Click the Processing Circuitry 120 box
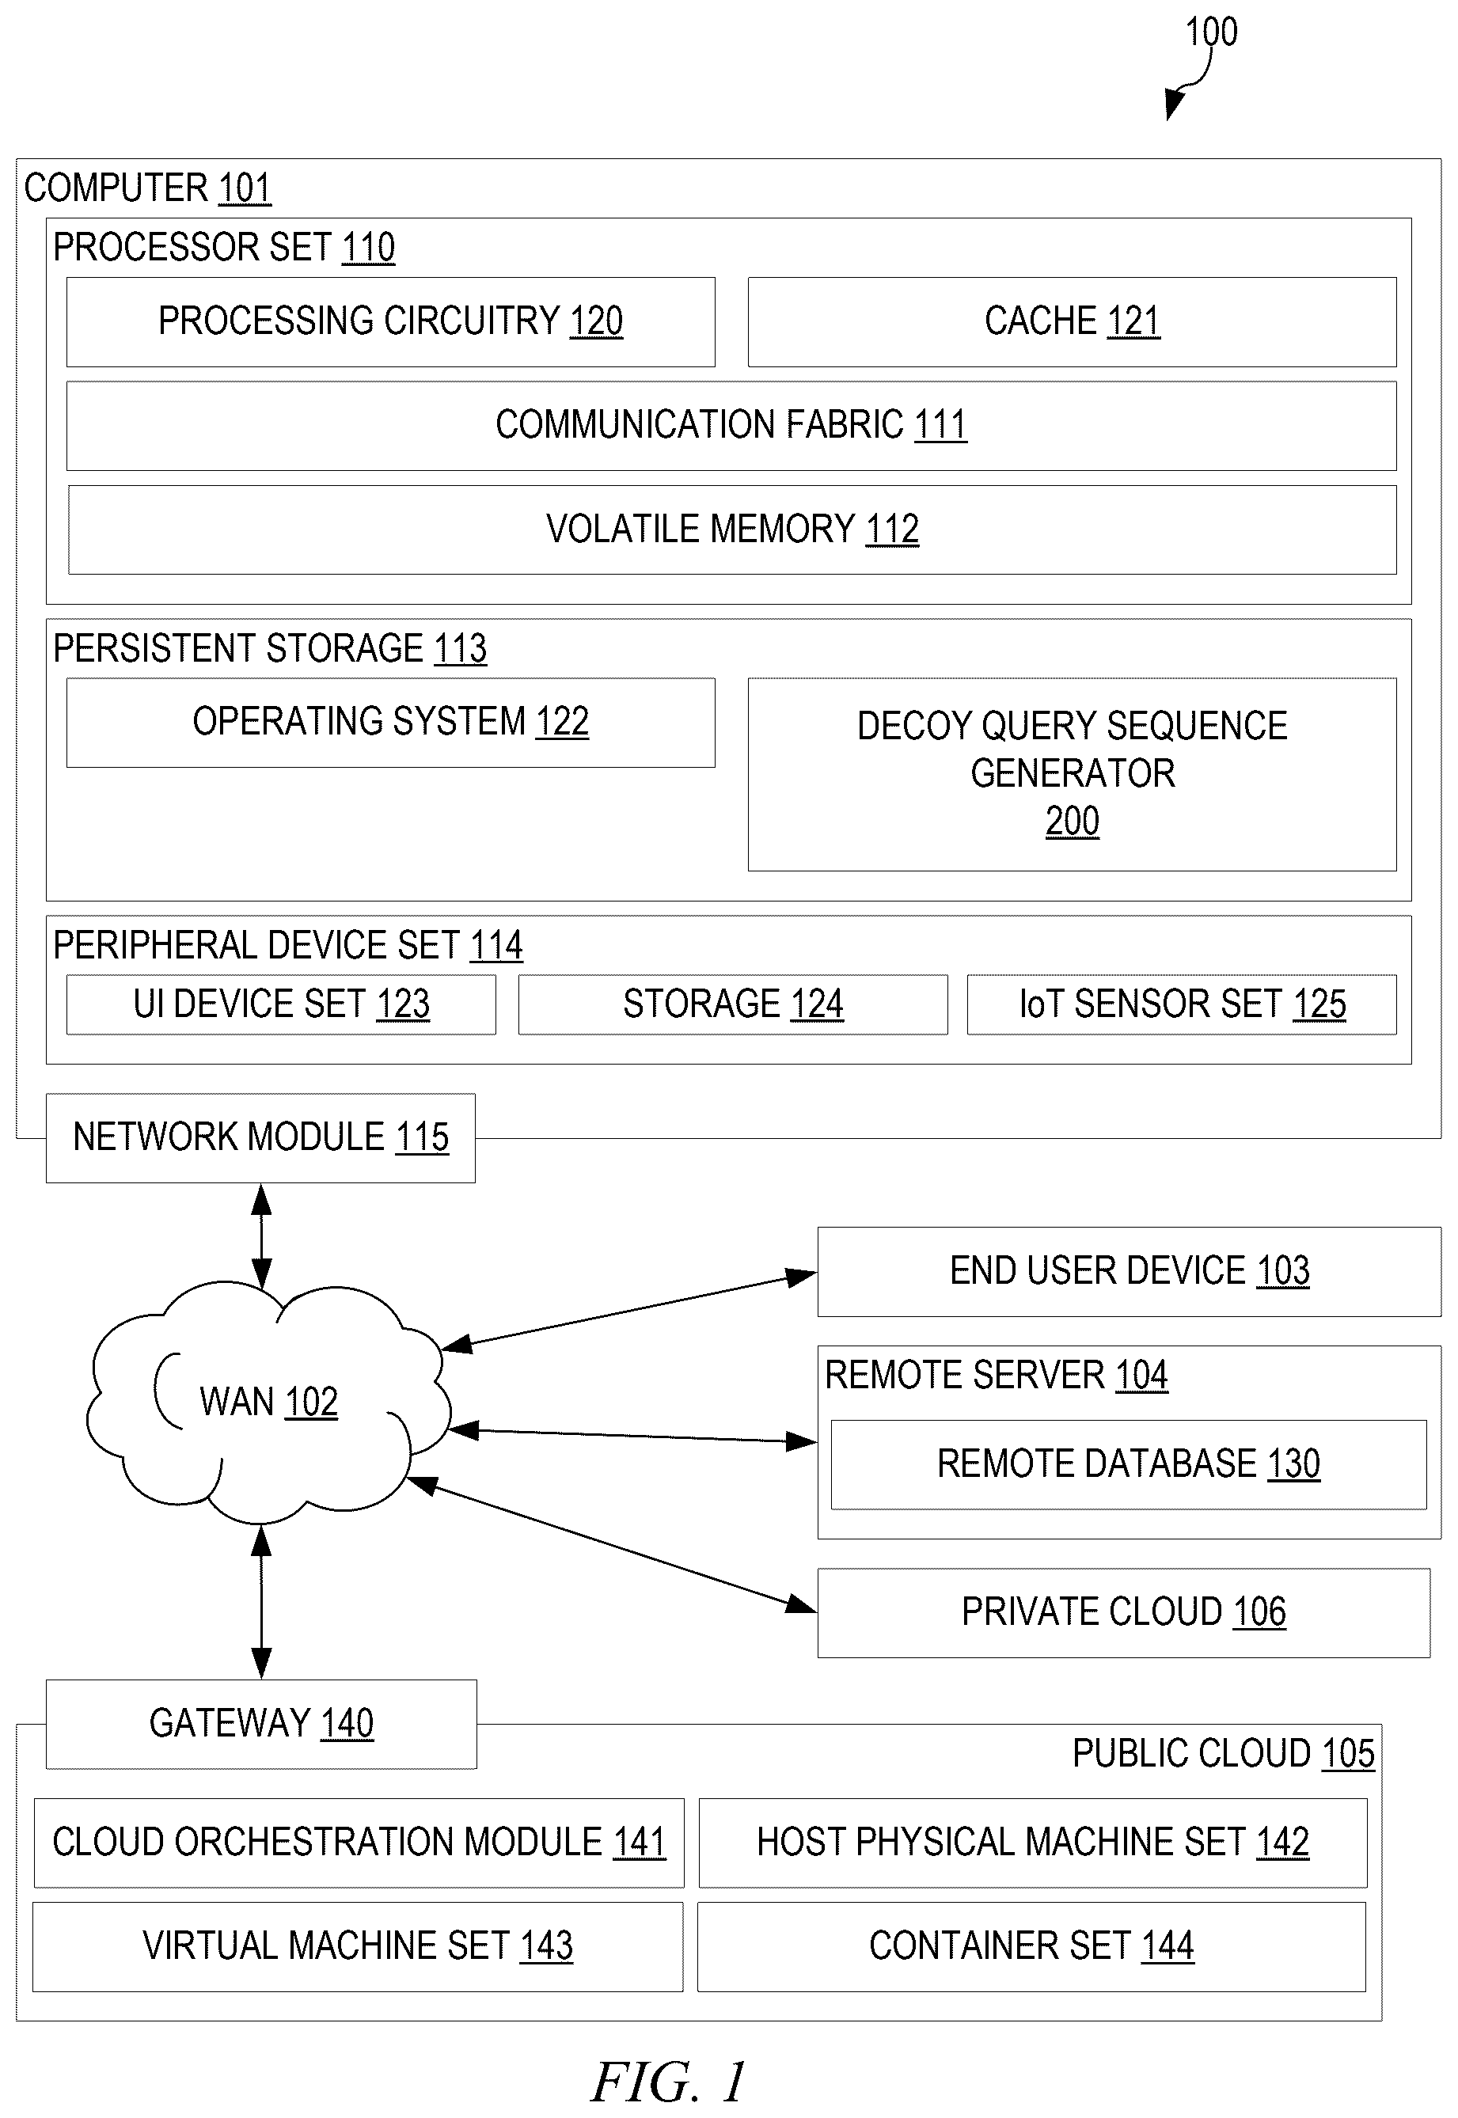click(x=391, y=321)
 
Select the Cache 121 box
click(x=1073, y=321)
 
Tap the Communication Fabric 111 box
click(x=731, y=426)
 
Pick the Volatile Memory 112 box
click(x=733, y=529)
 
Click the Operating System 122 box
click(x=391, y=723)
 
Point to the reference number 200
click(x=1073, y=821)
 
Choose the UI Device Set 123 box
click(x=281, y=1004)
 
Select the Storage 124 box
click(x=734, y=1004)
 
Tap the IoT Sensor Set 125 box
click(x=1182, y=1004)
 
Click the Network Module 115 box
click(x=261, y=1138)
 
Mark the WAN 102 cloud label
click(x=268, y=1402)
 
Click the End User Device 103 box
click(x=1130, y=1271)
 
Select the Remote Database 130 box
click(x=1130, y=1464)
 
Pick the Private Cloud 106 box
click(x=1124, y=1613)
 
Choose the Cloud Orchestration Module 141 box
click(x=359, y=1843)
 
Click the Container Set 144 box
click(x=1031, y=1947)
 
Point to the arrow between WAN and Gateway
click(x=261, y=1602)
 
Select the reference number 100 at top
click(x=1211, y=32)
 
